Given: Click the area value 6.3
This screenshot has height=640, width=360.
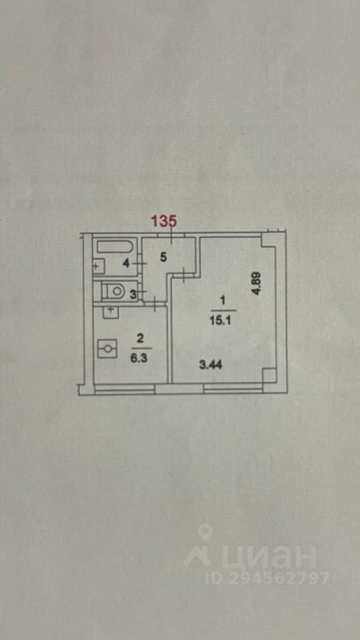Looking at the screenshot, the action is click(x=141, y=354).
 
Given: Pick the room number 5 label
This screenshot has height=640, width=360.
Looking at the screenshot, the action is click(x=163, y=257).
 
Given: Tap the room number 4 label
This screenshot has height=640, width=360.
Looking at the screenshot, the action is click(x=127, y=264).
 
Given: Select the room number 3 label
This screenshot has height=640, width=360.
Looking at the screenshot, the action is click(x=132, y=295).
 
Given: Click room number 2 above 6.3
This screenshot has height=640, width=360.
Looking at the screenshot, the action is click(x=141, y=339).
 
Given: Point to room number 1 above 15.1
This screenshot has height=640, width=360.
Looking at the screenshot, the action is click(x=223, y=301).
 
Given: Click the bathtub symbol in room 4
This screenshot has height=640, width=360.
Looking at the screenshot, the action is click(x=115, y=247).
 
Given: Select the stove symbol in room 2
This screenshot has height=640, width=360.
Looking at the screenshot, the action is click(x=108, y=349).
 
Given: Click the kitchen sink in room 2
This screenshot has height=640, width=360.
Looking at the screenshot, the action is click(x=111, y=312).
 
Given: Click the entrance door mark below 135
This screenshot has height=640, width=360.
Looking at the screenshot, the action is click(x=172, y=236).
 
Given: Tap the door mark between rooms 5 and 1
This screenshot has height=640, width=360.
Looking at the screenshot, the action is click(x=185, y=275).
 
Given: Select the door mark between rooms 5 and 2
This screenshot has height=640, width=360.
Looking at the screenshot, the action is click(x=155, y=304).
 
